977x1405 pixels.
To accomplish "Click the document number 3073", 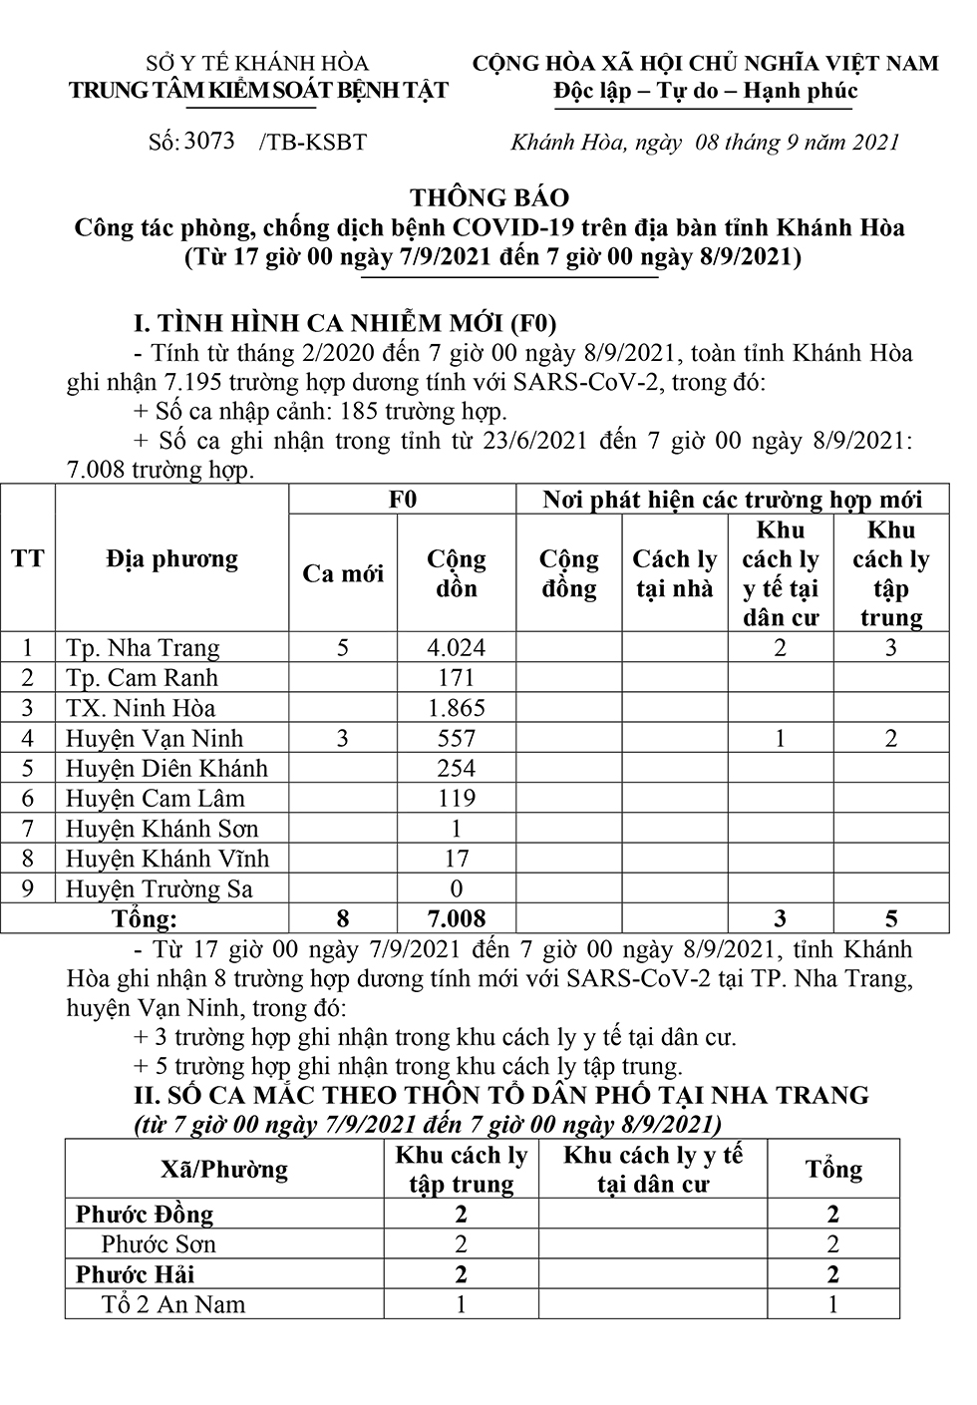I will [209, 141].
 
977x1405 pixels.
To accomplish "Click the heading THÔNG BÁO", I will [489, 197].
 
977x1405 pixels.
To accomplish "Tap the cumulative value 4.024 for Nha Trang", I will [456, 648].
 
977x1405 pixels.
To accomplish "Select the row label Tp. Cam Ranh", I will [142, 678].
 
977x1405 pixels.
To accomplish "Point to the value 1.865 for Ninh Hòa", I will [456, 708].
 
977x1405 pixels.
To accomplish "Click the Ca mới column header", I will [343, 573].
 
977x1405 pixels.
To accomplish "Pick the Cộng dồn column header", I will [456, 573].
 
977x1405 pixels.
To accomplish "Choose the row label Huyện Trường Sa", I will [160, 888].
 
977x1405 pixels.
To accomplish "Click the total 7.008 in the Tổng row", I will [456, 918].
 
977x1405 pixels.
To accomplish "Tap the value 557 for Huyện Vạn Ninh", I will [456, 738].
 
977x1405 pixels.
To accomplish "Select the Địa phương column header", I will [171, 558].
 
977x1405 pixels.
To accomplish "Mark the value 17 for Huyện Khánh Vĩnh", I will [456, 859].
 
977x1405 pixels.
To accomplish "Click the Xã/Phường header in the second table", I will [224, 1169].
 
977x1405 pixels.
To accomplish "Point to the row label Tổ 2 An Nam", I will [173, 1304].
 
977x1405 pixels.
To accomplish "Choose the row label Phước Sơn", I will [159, 1244].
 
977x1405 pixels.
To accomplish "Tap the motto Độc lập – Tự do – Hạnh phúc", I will [706, 91].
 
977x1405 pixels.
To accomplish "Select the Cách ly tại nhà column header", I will [674, 573].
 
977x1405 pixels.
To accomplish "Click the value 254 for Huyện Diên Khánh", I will [456, 768].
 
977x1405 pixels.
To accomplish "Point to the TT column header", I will [28, 558].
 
